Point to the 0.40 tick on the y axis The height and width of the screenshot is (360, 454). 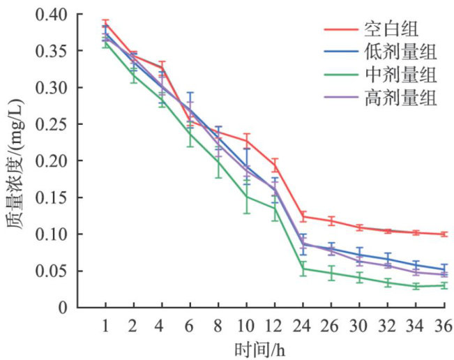(54, 15)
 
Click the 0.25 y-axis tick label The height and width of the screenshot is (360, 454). (54, 124)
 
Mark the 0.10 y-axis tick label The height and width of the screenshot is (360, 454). (54, 234)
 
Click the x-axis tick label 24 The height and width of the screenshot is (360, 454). (303, 325)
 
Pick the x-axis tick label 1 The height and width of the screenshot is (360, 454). (105, 325)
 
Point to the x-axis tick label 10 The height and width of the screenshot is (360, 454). (246, 325)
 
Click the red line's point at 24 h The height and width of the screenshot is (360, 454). (303, 216)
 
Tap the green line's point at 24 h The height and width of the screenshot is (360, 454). (303, 269)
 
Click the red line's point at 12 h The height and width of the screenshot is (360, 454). (275, 165)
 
